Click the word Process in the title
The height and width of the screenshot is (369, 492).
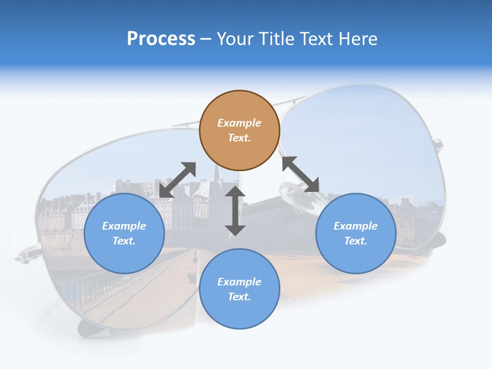point(161,39)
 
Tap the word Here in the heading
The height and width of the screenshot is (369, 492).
point(358,39)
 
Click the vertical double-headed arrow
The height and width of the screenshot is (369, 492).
point(235,211)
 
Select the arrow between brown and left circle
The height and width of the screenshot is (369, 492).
point(177,180)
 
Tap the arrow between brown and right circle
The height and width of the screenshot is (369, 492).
point(301,174)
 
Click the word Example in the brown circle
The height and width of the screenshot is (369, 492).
point(239,123)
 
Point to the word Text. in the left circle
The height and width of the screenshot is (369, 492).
point(124,241)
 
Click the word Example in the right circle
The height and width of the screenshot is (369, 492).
point(356,226)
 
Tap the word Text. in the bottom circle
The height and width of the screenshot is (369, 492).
point(239,297)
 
